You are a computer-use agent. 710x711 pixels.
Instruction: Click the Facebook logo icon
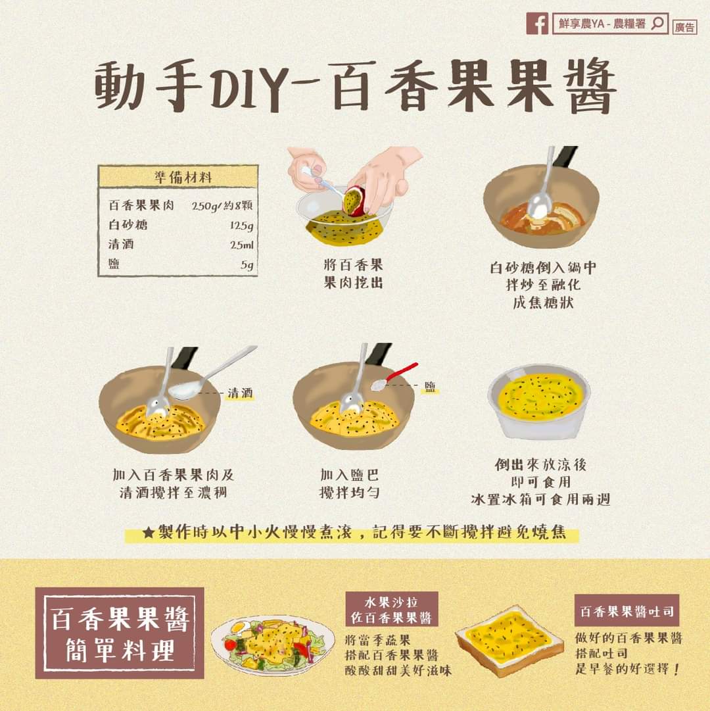coord(537,23)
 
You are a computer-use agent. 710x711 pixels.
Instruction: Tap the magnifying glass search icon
coord(657,22)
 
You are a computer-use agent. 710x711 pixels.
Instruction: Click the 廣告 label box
coord(684,27)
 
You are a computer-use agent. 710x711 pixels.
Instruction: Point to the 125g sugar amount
coord(241,226)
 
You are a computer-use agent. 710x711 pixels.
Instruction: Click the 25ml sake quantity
coord(242,245)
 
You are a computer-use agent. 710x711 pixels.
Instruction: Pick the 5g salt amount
coord(247,264)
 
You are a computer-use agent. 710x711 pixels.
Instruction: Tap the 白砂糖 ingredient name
coord(128,224)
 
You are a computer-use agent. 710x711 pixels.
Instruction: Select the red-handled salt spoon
coord(394,376)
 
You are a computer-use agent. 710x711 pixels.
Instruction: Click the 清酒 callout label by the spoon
coord(240,393)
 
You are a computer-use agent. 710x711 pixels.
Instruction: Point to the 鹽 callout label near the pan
coord(430,386)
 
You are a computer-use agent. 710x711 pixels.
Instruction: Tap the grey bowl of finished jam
coord(539,401)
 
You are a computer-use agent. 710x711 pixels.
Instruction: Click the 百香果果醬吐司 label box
coord(627,612)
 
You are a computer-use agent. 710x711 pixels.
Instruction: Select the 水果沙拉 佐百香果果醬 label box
coord(391,609)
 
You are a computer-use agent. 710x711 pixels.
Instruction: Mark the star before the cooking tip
coord(149,532)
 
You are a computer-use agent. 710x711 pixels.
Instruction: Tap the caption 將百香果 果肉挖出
coord(354,274)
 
